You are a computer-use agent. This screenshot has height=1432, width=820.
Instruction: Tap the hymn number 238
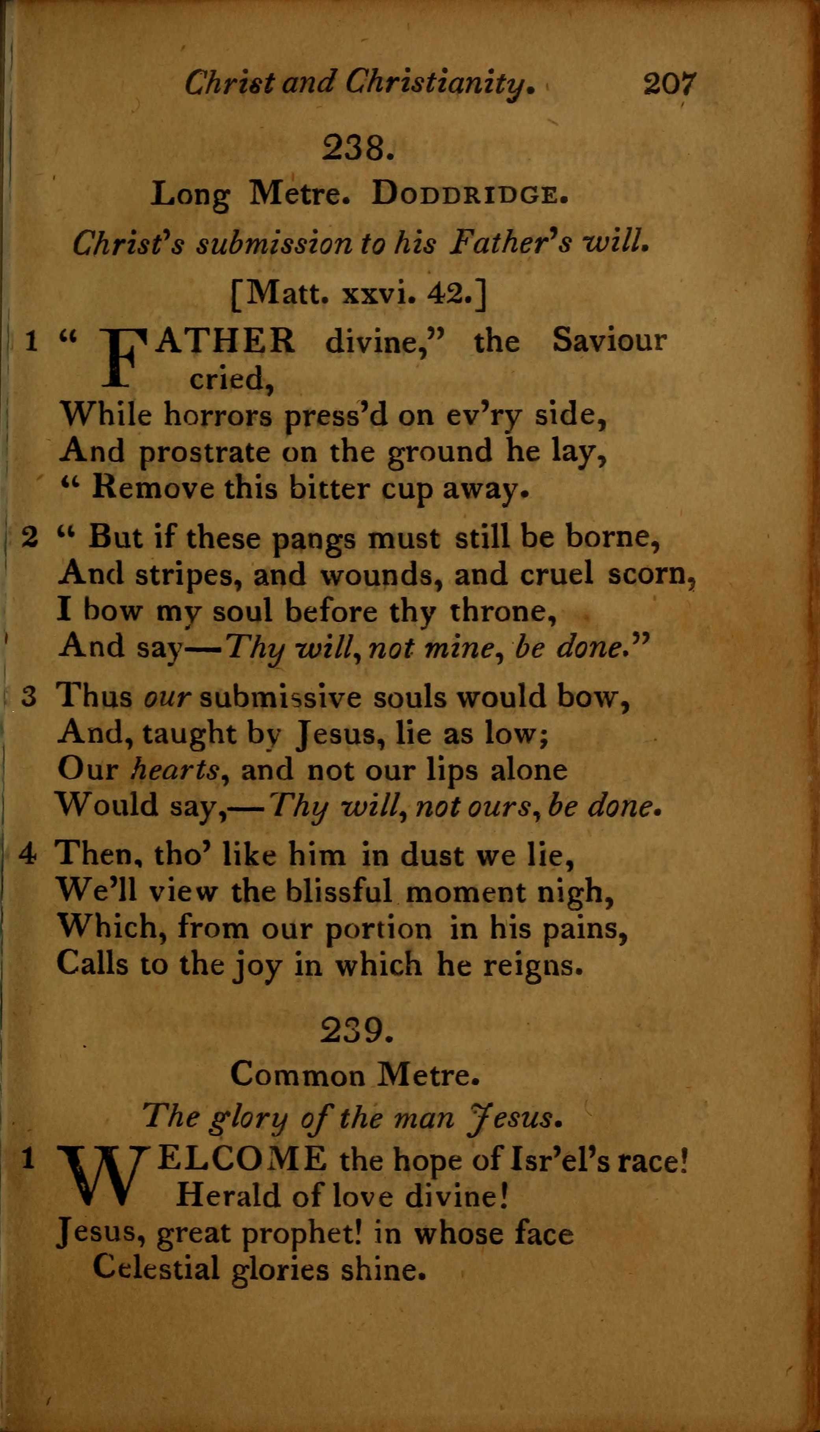pos(357,148)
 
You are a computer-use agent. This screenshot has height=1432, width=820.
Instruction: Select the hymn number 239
pos(356,1031)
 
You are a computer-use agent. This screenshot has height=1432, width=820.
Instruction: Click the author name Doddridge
pos(469,195)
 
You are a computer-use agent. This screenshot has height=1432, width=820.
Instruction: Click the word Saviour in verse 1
pos(609,340)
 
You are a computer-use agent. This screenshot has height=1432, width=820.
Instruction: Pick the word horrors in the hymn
pos(218,415)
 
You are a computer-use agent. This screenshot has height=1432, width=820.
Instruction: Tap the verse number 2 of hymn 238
pos(29,537)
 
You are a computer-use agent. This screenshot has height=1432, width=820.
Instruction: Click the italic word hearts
pos(175,770)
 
